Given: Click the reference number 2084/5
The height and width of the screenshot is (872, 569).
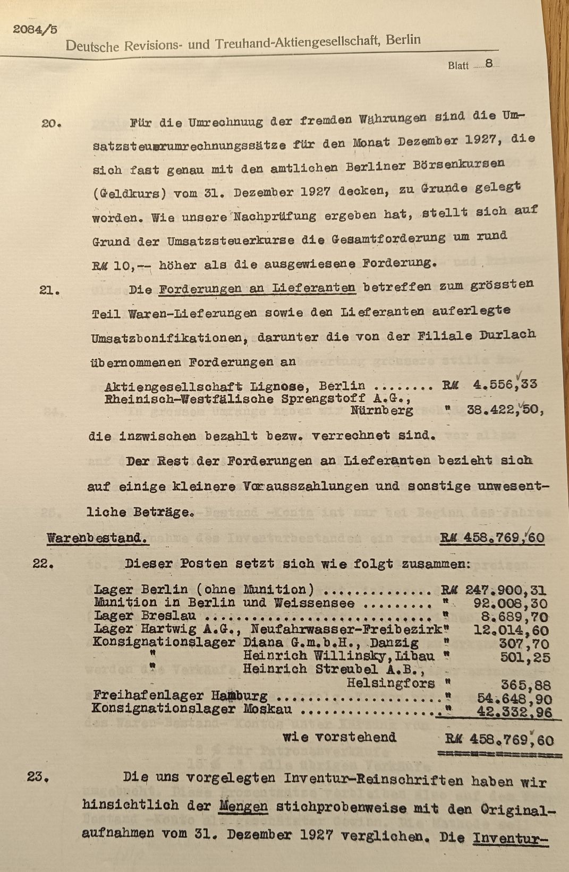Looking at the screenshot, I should (x=35, y=30).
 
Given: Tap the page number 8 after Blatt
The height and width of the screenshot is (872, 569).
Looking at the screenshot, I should (x=489, y=63).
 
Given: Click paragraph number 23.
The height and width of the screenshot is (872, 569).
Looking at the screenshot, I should (x=39, y=778).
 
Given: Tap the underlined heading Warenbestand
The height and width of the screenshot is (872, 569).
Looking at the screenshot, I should (x=97, y=538).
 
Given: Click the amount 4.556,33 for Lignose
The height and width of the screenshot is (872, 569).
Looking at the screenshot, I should (x=505, y=384).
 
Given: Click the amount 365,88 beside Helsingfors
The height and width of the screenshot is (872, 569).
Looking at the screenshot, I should (x=526, y=685).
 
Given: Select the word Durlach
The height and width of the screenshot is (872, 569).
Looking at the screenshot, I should (x=506, y=335).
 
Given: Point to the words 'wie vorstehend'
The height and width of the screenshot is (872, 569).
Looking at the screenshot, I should (x=339, y=737).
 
